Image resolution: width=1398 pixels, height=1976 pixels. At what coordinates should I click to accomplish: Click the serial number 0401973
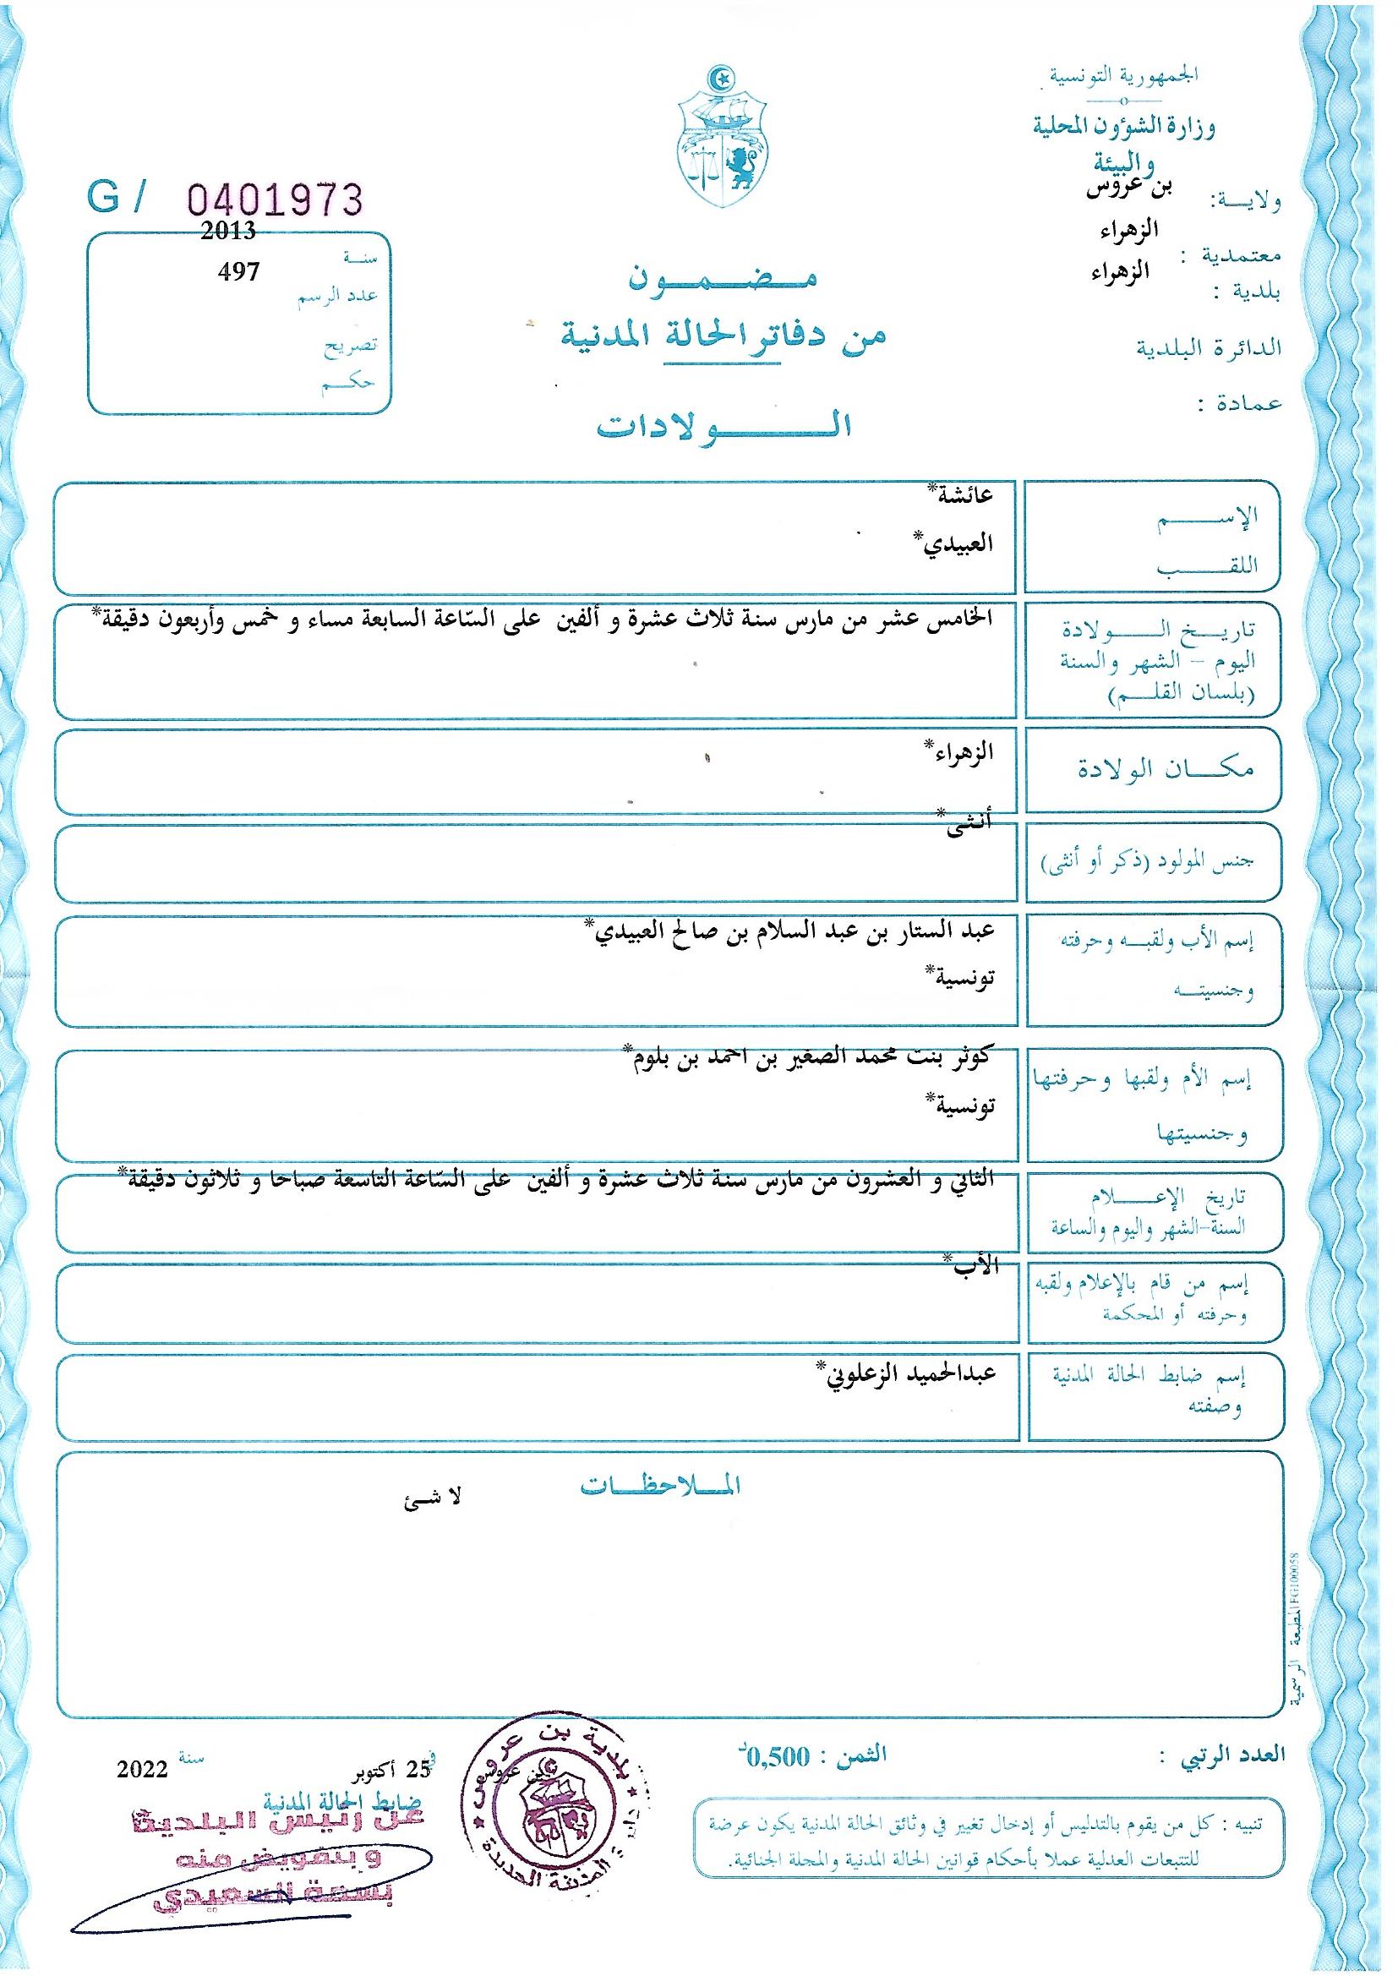275,199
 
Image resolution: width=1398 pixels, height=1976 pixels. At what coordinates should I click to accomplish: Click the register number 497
238,271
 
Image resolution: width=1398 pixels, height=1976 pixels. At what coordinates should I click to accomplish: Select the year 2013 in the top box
227,230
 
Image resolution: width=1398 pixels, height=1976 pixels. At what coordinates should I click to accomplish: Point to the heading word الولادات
725,428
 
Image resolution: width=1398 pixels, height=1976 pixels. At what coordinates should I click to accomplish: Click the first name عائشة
967,495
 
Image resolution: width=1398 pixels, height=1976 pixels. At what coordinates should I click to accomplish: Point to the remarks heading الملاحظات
661,1487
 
